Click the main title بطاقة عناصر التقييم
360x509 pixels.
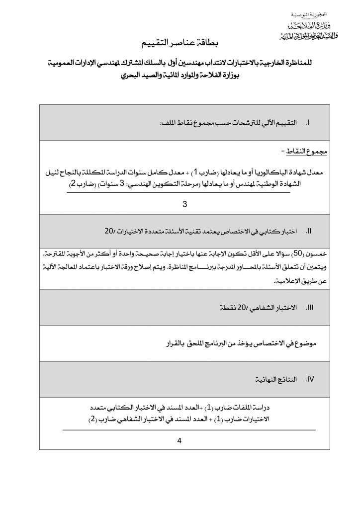pyautogui.click(x=179, y=45)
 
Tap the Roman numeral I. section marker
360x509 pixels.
pyautogui.click(x=308, y=122)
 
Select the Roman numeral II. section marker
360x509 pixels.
pyautogui.click(x=308, y=232)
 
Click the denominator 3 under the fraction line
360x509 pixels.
pyautogui.click(x=184, y=204)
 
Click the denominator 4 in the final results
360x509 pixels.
pyautogui.click(x=180, y=440)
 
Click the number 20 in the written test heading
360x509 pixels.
pyautogui.click(x=109, y=232)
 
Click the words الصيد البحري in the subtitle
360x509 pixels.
pyautogui.click(x=136, y=77)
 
